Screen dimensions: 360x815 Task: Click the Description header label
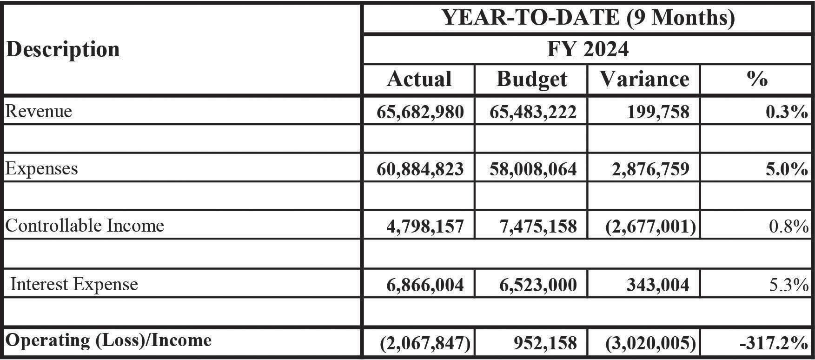[x=63, y=49]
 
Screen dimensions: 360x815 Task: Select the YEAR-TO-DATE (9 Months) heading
[x=588, y=18]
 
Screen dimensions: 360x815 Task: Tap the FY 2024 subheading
[x=588, y=49]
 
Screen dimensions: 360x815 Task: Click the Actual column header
[x=419, y=79]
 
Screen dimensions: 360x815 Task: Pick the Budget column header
[x=531, y=79]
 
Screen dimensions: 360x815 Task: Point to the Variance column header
[x=644, y=79]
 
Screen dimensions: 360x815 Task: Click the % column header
[x=757, y=79]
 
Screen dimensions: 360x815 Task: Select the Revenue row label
[x=39, y=111]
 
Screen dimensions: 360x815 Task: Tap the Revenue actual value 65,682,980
[x=420, y=112]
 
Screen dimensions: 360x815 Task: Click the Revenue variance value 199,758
[x=658, y=112]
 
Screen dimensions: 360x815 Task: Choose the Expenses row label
[x=41, y=168]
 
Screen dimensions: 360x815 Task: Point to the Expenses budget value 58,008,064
[x=533, y=169]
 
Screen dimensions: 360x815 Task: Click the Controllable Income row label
[x=85, y=226]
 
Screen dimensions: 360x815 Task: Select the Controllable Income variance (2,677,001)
[x=651, y=227]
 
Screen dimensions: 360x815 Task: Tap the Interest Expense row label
[x=74, y=284]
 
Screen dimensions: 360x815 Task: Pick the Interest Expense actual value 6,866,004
[x=425, y=285]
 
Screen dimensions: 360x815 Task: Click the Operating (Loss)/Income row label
[x=108, y=340]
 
